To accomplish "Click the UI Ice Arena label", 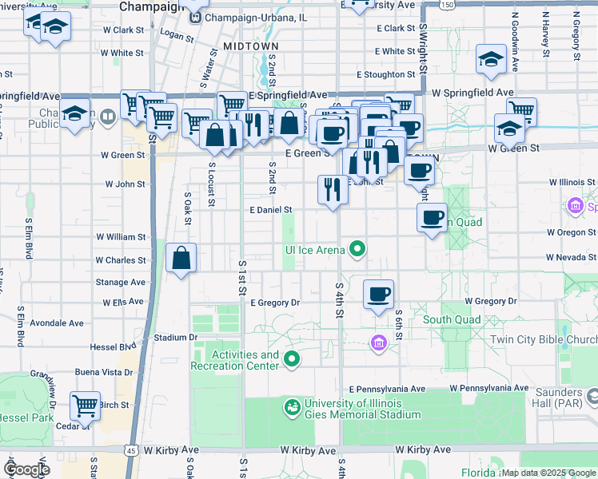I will coord(315,250).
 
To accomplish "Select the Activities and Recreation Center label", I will coord(235,360).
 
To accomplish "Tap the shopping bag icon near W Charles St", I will coord(181,258).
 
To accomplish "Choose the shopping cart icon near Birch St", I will coord(84,405).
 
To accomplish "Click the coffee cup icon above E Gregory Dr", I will coord(378,294).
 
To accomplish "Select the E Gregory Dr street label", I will coord(274,303).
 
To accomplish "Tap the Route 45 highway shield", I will coord(129,451).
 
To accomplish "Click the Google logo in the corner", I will coord(26,469).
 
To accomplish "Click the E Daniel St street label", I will coord(271,210).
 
